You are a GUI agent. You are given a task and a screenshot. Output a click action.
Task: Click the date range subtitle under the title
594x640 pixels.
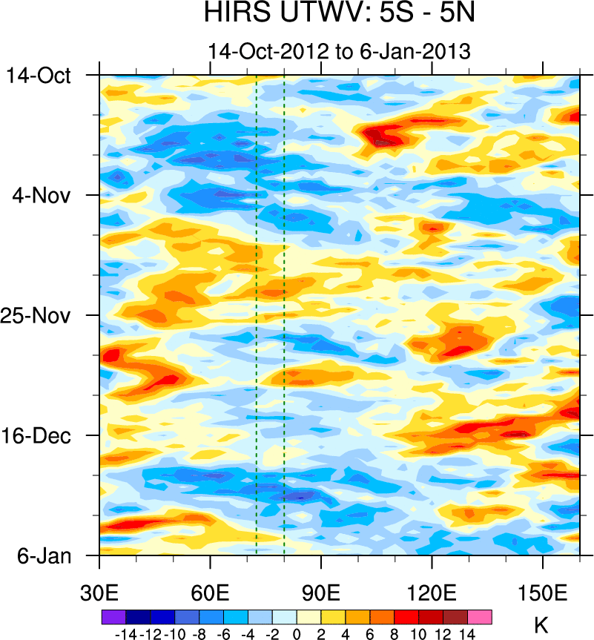[340, 52]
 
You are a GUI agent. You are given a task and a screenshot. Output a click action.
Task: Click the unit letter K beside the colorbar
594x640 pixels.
[541, 624]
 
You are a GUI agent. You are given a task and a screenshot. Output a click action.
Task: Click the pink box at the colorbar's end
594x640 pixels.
[480, 616]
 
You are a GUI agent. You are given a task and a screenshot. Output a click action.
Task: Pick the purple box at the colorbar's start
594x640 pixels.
[113, 616]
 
